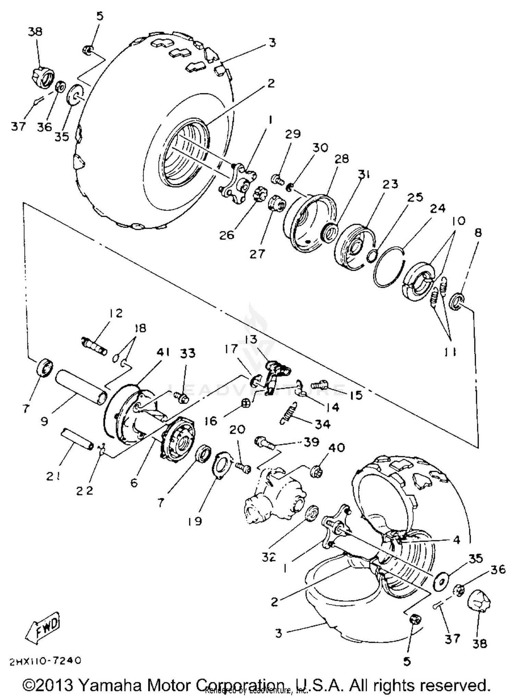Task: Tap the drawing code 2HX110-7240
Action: pyautogui.click(x=46, y=660)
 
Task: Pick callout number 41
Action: pyautogui.click(x=163, y=353)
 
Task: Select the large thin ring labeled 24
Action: pyautogui.click(x=389, y=267)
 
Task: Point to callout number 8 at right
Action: pyautogui.click(x=478, y=233)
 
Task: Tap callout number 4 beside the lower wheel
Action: pyautogui.click(x=456, y=540)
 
